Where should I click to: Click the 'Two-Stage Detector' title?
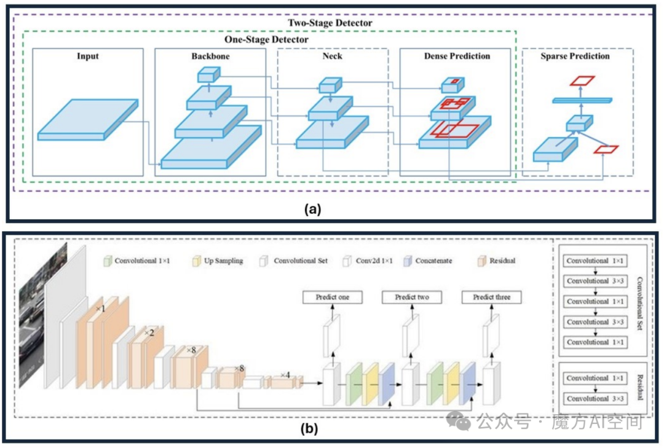(x=330, y=23)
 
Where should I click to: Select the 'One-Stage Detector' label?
(x=266, y=39)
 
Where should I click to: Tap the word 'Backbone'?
(x=210, y=56)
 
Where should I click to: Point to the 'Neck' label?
(x=333, y=56)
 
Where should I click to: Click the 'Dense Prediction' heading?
(x=457, y=56)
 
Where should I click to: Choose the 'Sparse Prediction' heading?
(x=575, y=56)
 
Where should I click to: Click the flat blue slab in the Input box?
(x=88, y=120)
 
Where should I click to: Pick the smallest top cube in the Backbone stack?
(x=209, y=75)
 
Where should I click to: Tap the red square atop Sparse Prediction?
(x=582, y=81)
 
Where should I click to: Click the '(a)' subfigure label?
(x=312, y=209)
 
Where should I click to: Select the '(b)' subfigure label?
(x=309, y=428)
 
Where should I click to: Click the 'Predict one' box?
(x=333, y=297)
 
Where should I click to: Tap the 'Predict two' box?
(x=412, y=297)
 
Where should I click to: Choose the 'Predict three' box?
(x=492, y=297)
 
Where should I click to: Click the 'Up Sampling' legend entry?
(x=218, y=261)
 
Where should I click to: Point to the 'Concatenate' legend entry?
(x=428, y=261)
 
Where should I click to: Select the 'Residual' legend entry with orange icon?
(x=497, y=261)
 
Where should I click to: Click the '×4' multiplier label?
(x=285, y=375)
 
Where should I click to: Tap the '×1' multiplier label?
(x=100, y=308)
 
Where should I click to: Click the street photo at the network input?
(x=43, y=315)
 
